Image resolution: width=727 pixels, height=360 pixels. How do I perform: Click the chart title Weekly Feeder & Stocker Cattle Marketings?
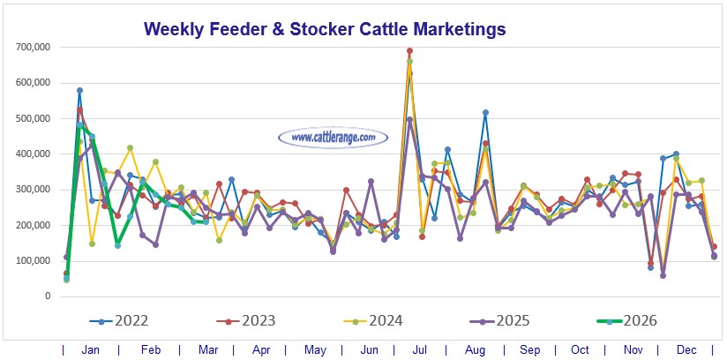(x=325, y=29)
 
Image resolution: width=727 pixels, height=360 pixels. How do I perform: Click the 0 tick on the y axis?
(x=47, y=296)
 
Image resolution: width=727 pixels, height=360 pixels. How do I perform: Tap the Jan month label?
(x=91, y=349)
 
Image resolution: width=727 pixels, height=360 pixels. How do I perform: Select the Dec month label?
(x=685, y=349)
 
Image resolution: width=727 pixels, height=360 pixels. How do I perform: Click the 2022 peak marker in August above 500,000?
(x=485, y=113)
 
